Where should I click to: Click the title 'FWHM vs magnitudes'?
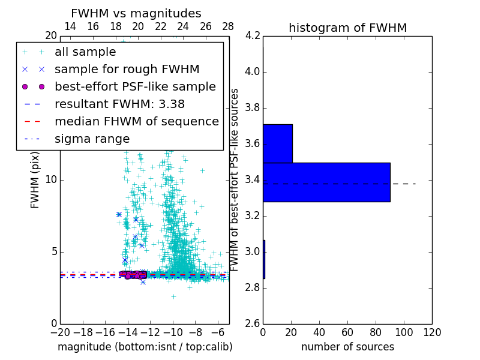(x=136, y=13)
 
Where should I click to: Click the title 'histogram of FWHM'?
(x=347, y=28)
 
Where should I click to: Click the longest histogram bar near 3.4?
(x=326, y=182)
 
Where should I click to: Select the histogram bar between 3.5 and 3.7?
(x=278, y=143)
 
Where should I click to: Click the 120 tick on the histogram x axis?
(x=431, y=332)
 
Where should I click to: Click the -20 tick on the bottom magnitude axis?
(x=60, y=332)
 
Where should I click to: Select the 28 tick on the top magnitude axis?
(x=228, y=26)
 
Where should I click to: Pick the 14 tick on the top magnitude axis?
(x=70, y=26)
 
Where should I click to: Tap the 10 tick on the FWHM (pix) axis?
(x=50, y=180)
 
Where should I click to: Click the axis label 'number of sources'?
(x=347, y=347)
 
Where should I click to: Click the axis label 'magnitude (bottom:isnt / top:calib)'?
(x=145, y=347)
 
